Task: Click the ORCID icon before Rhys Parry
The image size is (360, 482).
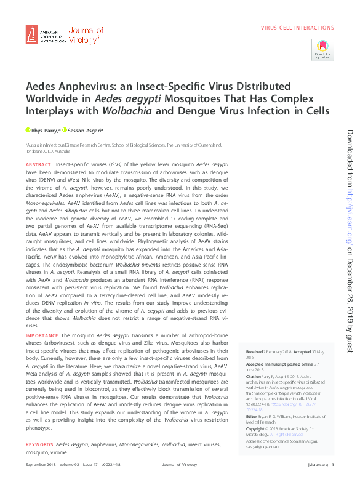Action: point(28,130)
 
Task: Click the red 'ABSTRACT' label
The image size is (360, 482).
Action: point(38,166)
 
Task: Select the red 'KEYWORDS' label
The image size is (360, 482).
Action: point(39,444)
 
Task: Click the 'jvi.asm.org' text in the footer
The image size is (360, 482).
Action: point(315,465)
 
